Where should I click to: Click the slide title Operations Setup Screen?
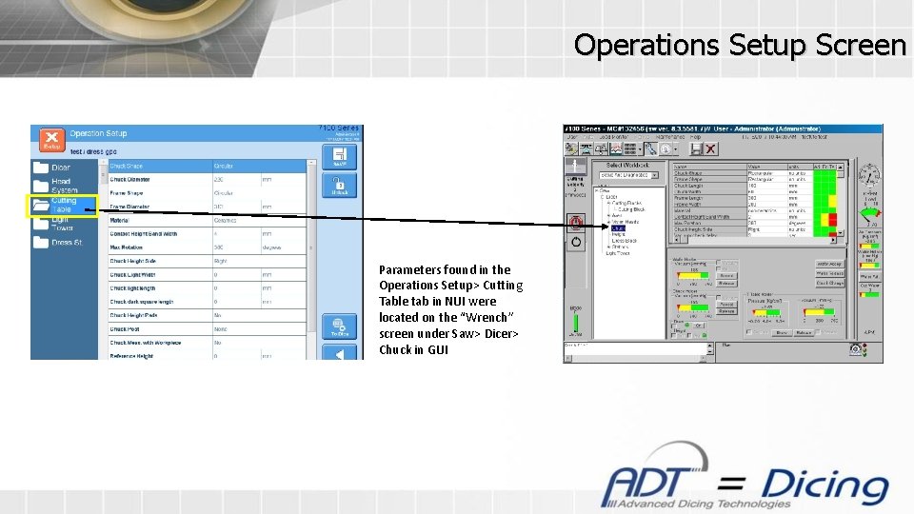tap(740, 45)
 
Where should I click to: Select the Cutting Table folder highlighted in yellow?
tap(62, 206)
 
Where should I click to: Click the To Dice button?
tap(339, 326)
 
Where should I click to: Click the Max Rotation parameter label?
tap(126, 247)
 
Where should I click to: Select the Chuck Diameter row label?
tap(129, 179)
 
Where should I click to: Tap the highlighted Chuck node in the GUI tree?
tap(618, 228)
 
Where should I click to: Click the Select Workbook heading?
tap(628, 165)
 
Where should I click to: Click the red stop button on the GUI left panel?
tap(575, 223)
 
